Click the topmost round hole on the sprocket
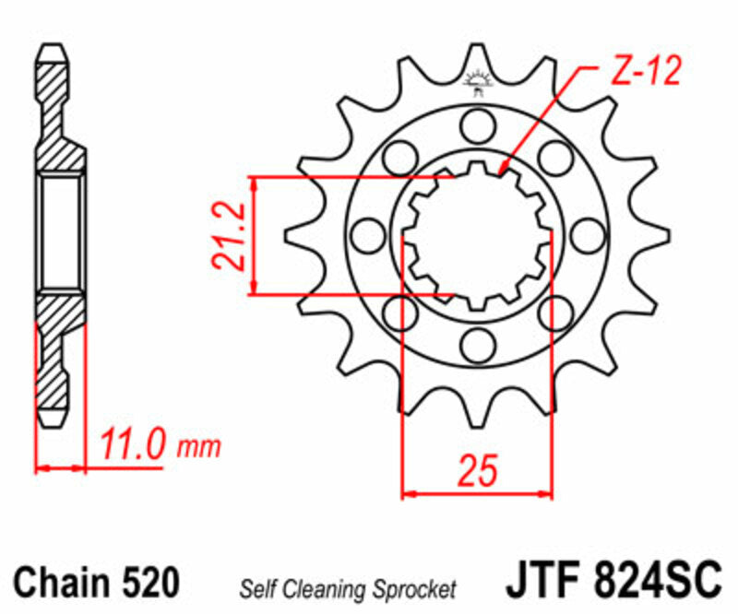tap(477, 124)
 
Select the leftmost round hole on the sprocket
tap(367, 233)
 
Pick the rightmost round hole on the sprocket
tap(585, 233)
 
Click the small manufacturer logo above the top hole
tap(477, 82)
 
